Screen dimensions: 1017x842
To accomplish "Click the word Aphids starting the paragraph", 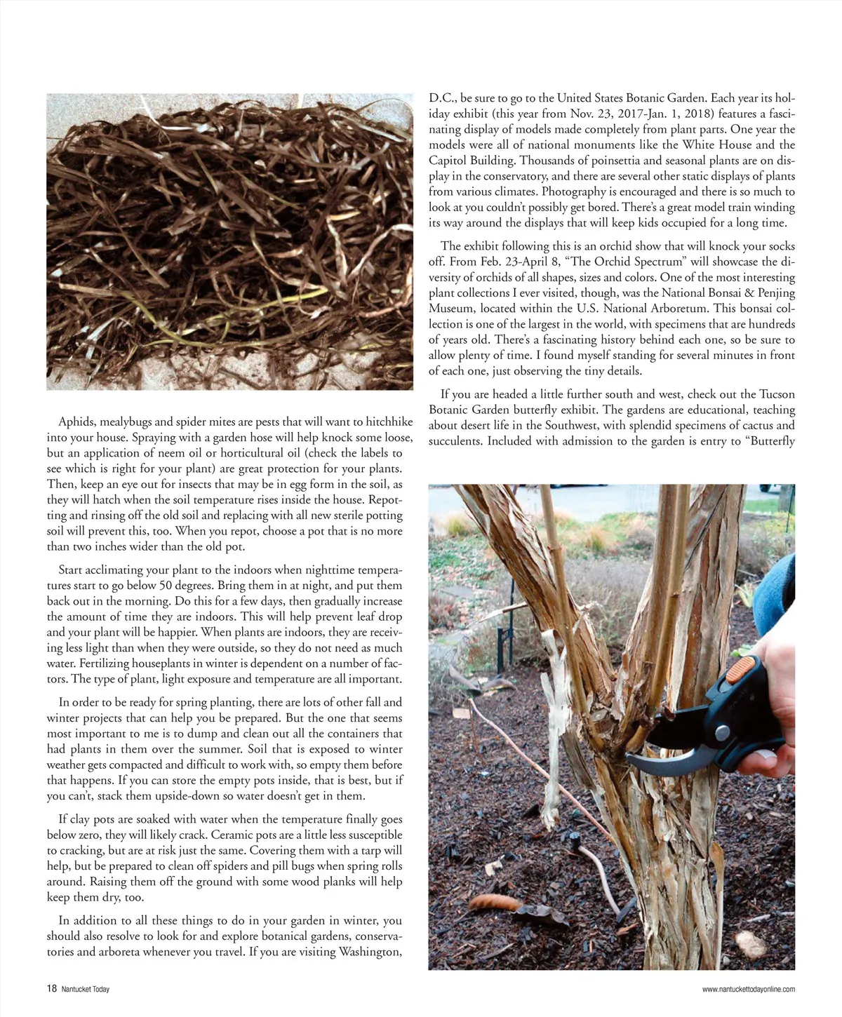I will click(77, 422).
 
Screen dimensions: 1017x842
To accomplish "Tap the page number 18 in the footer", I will click(51, 989).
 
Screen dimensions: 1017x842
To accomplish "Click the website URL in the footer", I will click(748, 990).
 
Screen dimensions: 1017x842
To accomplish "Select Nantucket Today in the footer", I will click(85, 990).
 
